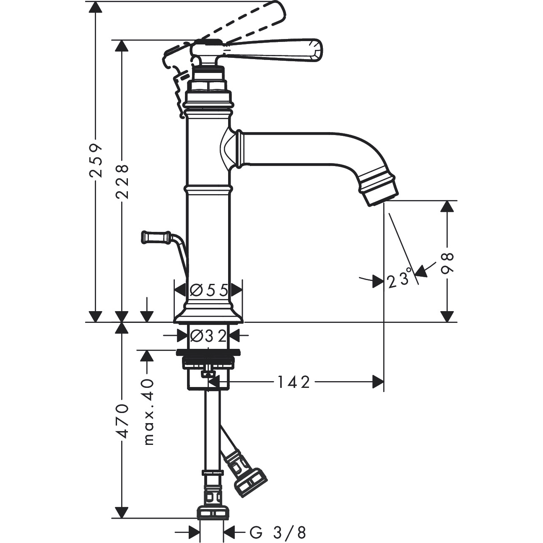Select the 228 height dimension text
(x=122, y=181)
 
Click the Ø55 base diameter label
(x=208, y=290)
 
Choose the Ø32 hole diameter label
(x=208, y=335)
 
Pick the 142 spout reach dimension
(x=293, y=382)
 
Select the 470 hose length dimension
(x=122, y=421)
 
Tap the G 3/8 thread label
(x=278, y=533)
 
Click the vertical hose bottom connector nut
(x=213, y=513)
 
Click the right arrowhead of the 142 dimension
(x=378, y=382)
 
